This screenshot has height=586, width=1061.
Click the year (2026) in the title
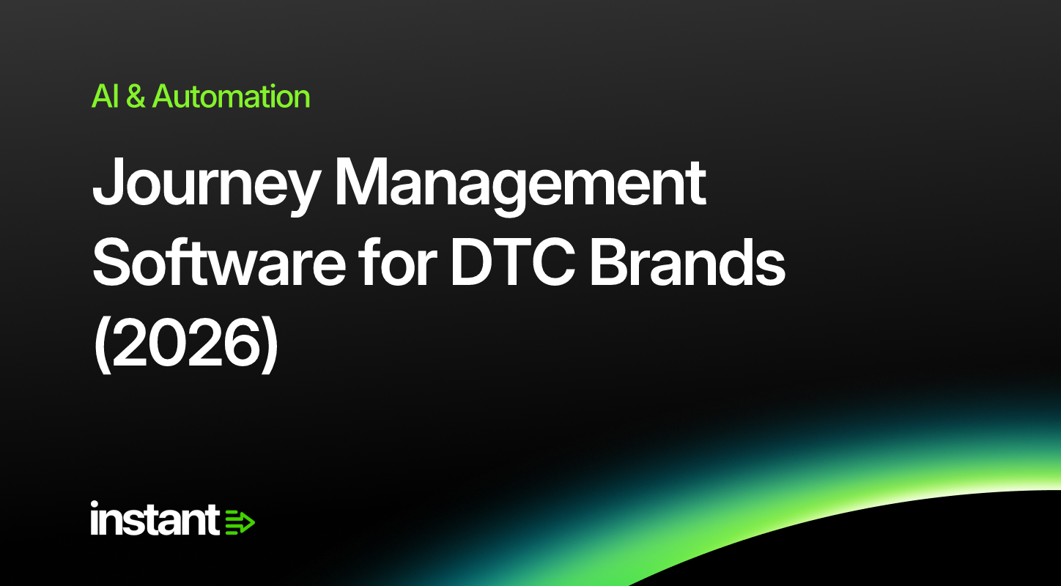(185, 343)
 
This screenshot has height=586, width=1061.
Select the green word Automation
(231, 96)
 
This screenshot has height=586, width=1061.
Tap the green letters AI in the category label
(105, 97)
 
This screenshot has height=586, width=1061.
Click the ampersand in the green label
(136, 97)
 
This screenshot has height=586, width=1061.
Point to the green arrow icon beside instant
(240, 522)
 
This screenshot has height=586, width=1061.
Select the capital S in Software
(112, 263)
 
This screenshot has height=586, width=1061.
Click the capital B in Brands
(610, 263)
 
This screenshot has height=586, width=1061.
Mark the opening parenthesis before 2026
(101, 344)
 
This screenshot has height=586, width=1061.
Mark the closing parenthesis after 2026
(269, 344)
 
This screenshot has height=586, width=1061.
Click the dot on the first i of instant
(95, 504)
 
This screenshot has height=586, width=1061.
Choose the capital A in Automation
(164, 97)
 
